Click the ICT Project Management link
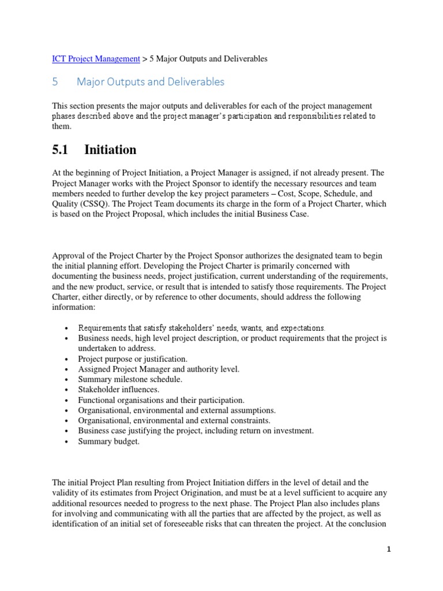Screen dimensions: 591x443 tap(96, 58)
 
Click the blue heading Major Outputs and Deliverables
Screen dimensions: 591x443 tap(151, 82)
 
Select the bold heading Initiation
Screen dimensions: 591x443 tap(110, 150)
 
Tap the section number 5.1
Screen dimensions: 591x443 tap(60, 150)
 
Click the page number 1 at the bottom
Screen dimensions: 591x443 tap(389, 550)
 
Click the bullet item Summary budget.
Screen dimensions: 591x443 tap(109, 442)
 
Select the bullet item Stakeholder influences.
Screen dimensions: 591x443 tap(119, 390)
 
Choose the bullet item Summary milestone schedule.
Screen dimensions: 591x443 tap(130, 379)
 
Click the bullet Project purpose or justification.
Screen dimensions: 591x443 tap(133, 358)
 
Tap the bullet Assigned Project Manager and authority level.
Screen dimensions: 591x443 tap(159, 369)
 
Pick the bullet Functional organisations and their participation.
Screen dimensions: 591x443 tap(162, 400)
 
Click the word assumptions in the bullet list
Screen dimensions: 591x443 tap(251, 410)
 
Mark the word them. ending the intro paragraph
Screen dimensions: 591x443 tap(62, 126)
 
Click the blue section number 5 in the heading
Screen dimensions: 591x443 tap(55, 82)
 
